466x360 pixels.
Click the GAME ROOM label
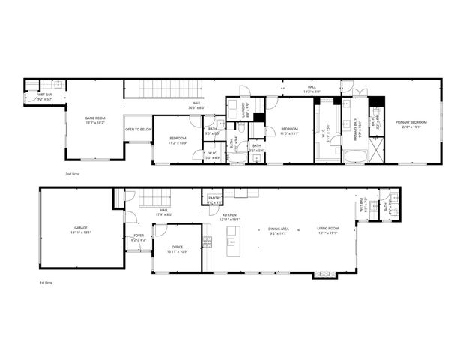pos(94,118)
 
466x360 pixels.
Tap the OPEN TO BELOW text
pos(138,129)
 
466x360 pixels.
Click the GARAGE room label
pos(81,227)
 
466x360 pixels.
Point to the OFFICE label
pos(178,247)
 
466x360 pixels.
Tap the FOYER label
pos(139,235)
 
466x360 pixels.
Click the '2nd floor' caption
pos(73,172)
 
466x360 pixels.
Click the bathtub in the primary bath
pos(354,156)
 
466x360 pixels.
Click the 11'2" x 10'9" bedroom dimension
pos(178,142)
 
